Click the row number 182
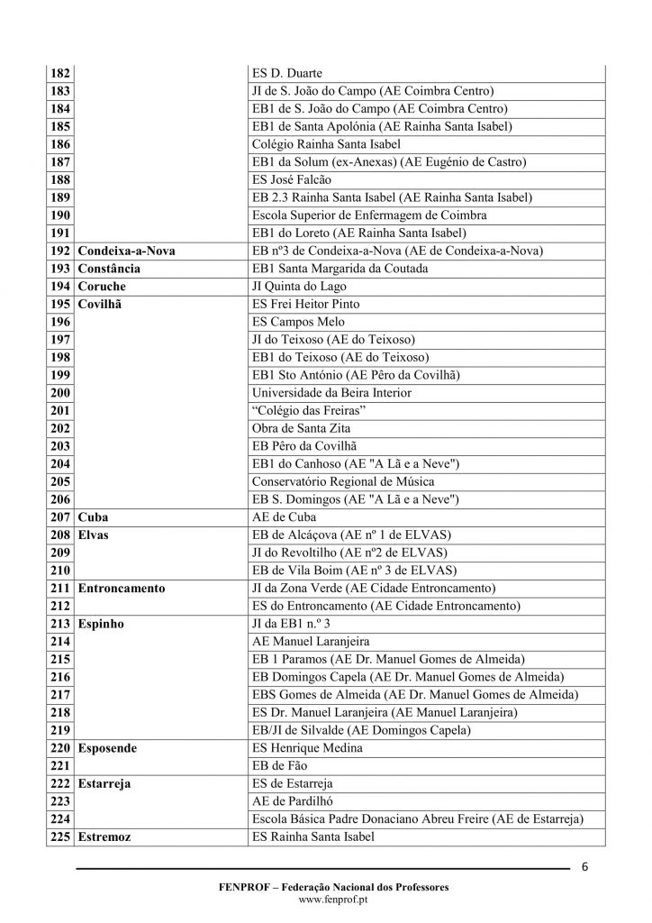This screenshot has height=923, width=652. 61,73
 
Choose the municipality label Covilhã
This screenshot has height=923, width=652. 101,304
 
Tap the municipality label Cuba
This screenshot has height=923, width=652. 94,517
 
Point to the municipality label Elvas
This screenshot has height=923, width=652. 95,535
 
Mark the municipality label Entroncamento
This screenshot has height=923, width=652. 122,589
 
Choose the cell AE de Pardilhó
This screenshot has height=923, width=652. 297,801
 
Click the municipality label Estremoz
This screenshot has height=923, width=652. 105,837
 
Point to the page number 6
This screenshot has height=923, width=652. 585,867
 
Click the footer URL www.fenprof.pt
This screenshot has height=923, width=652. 325,900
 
